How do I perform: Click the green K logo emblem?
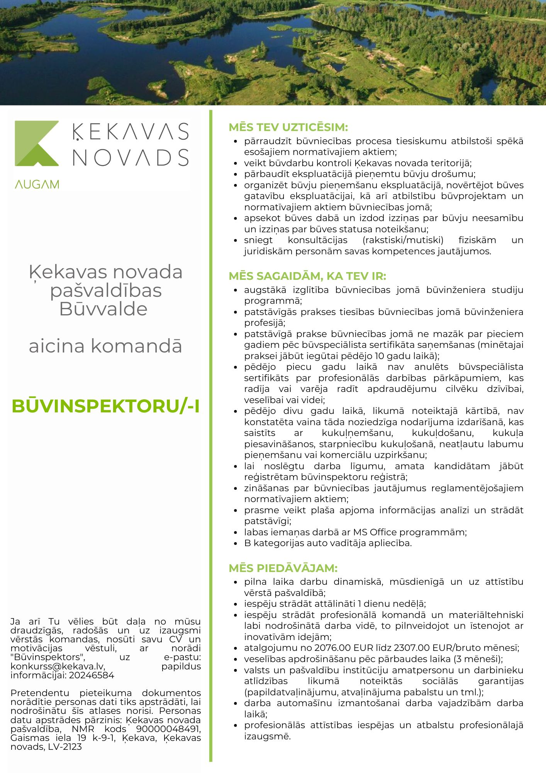click(x=37, y=143)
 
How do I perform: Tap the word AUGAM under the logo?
click(x=37, y=185)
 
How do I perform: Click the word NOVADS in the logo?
click(x=131, y=158)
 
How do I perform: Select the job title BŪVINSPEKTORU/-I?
click(x=106, y=406)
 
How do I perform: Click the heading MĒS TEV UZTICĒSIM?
click(x=288, y=128)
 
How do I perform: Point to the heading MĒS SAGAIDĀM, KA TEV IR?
click(x=307, y=276)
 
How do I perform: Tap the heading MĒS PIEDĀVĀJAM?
click(x=283, y=568)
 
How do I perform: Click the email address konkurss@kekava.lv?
click(x=58, y=666)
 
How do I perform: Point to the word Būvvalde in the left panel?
click(x=103, y=309)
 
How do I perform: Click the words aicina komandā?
click(x=105, y=346)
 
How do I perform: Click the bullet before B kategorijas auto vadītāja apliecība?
click(x=235, y=543)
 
